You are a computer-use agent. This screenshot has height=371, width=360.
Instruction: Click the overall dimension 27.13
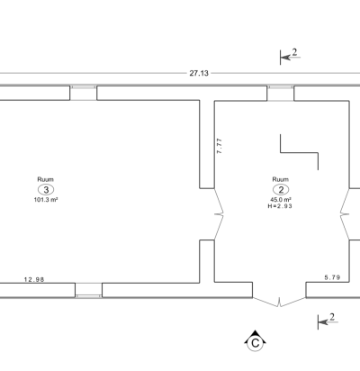point(199,73)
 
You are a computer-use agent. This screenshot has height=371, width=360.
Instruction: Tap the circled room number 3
point(46,190)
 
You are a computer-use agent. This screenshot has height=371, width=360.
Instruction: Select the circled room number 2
point(281,190)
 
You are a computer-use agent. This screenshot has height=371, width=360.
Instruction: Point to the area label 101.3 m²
point(46,200)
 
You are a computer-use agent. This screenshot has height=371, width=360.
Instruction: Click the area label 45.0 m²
point(281,200)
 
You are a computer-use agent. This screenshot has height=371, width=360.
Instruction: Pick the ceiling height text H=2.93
point(280,206)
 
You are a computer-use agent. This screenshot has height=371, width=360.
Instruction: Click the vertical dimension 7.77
point(220,146)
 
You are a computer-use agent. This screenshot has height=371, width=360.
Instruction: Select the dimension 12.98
point(34,279)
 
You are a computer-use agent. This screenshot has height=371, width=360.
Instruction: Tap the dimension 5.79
point(332,277)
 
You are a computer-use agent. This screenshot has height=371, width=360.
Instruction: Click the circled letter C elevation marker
point(255,341)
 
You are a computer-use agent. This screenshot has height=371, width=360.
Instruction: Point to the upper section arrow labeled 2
point(290,57)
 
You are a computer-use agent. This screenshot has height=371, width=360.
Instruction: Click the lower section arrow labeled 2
point(328,322)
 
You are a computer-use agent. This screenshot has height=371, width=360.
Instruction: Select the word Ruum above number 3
point(46,179)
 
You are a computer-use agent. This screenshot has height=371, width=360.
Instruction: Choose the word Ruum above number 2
point(281,179)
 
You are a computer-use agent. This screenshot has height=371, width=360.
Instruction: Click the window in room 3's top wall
point(84,93)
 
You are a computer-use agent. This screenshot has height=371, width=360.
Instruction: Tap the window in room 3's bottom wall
point(88,290)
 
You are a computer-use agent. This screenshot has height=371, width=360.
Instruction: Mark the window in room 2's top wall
point(281,93)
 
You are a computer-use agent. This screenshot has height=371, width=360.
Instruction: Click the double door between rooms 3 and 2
point(219,214)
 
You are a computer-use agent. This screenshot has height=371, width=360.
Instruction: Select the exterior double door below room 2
point(279,302)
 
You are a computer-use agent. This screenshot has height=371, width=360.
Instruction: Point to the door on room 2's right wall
point(345,214)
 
